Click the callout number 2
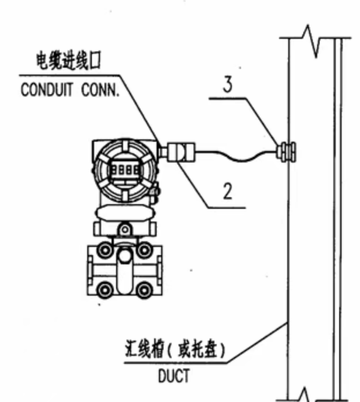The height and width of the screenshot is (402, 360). coord(228,191)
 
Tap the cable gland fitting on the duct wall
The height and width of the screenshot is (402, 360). coord(285,152)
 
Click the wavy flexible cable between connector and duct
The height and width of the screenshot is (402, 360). coord(237,155)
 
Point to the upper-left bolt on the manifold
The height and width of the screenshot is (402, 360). coord(104,250)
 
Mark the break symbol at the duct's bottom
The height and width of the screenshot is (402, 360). coord(305,396)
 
